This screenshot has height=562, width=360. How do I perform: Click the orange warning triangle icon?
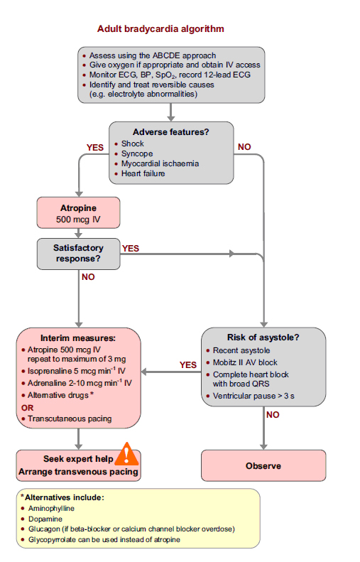129,453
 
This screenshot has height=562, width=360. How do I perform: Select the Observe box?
263,465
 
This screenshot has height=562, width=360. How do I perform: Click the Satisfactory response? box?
78,253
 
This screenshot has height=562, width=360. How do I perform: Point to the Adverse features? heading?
171,131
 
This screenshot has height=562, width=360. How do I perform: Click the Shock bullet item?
132,144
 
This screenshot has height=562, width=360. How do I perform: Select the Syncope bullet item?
136,153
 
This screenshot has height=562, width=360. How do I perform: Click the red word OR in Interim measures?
27,407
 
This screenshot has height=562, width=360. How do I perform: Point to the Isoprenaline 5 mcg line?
75,372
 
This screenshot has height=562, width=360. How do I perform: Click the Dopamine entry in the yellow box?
46,519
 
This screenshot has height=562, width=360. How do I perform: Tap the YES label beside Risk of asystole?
187,364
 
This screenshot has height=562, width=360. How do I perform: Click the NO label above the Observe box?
271,414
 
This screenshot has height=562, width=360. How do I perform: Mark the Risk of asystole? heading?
263,337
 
